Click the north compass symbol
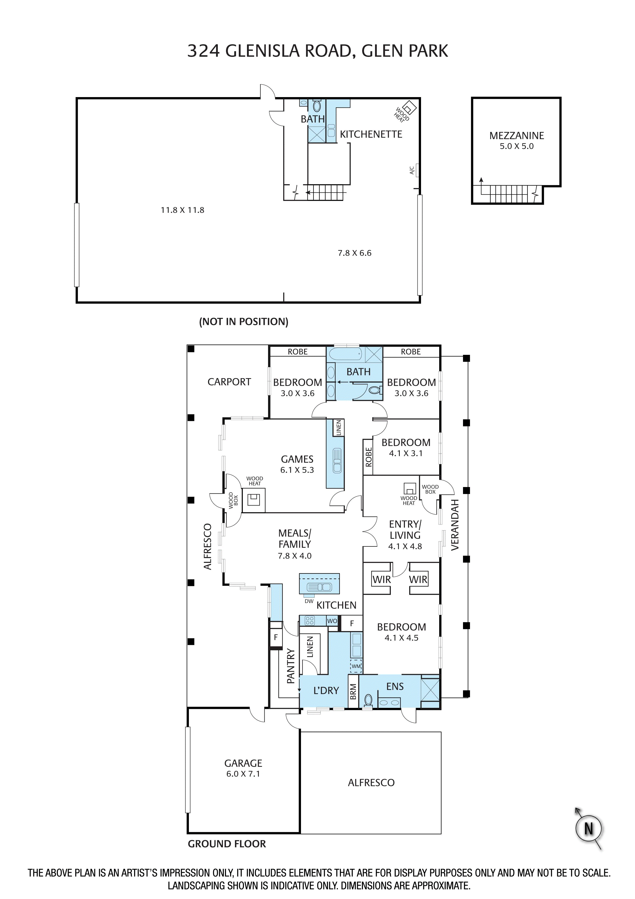pos(588,829)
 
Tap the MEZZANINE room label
pos(516,136)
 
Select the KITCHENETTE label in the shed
pos(371,134)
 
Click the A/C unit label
pos(412,170)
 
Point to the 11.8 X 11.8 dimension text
pos(182,210)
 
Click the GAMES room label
pos(297,459)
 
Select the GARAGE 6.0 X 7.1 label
pos(243,768)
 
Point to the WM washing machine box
pos(356,666)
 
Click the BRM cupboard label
pos(353,691)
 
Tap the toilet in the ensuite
pos(368,700)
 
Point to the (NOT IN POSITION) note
pos(243,322)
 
